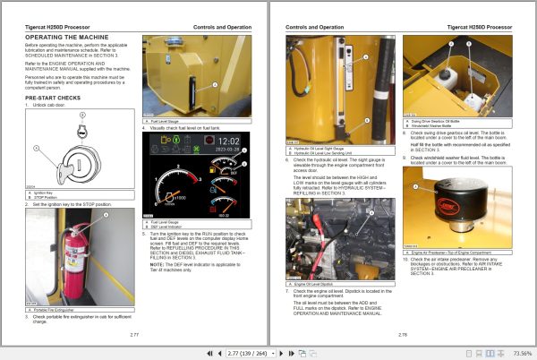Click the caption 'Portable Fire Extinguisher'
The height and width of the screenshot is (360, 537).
tap(54, 286)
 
